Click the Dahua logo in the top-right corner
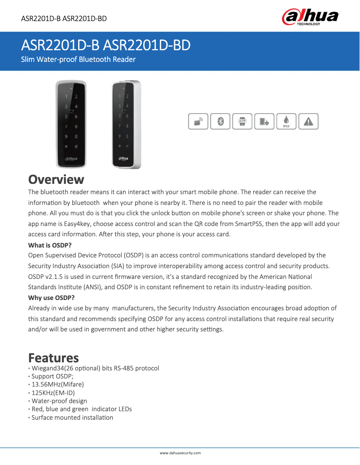(x=310, y=17)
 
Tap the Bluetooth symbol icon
(x=220, y=122)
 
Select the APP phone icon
(x=242, y=122)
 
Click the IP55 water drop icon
(x=286, y=122)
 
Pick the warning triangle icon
(x=308, y=122)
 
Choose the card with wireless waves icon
(x=198, y=122)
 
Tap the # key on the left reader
(x=76, y=147)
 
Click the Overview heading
(x=56, y=179)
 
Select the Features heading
(x=53, y=358)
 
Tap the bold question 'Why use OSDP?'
(x=51, y=298)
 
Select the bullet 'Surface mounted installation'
(x=72, y=417)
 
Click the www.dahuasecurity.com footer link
(x=180, y=453)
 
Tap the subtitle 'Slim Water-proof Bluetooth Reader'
(x=79, y=59)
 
